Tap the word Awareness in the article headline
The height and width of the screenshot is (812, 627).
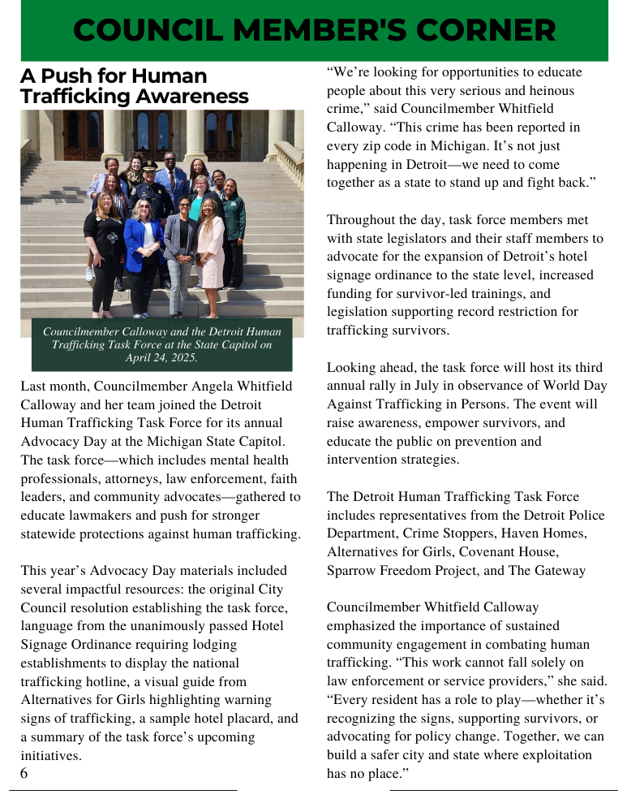point(192,97)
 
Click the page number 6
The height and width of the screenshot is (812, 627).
point(24,773)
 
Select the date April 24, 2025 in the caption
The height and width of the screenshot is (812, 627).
point(162,357)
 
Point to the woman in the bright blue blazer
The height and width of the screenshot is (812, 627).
point(143,244)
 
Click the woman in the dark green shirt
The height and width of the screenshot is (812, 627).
point(234,219)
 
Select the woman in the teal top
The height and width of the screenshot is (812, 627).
point(197,203)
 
